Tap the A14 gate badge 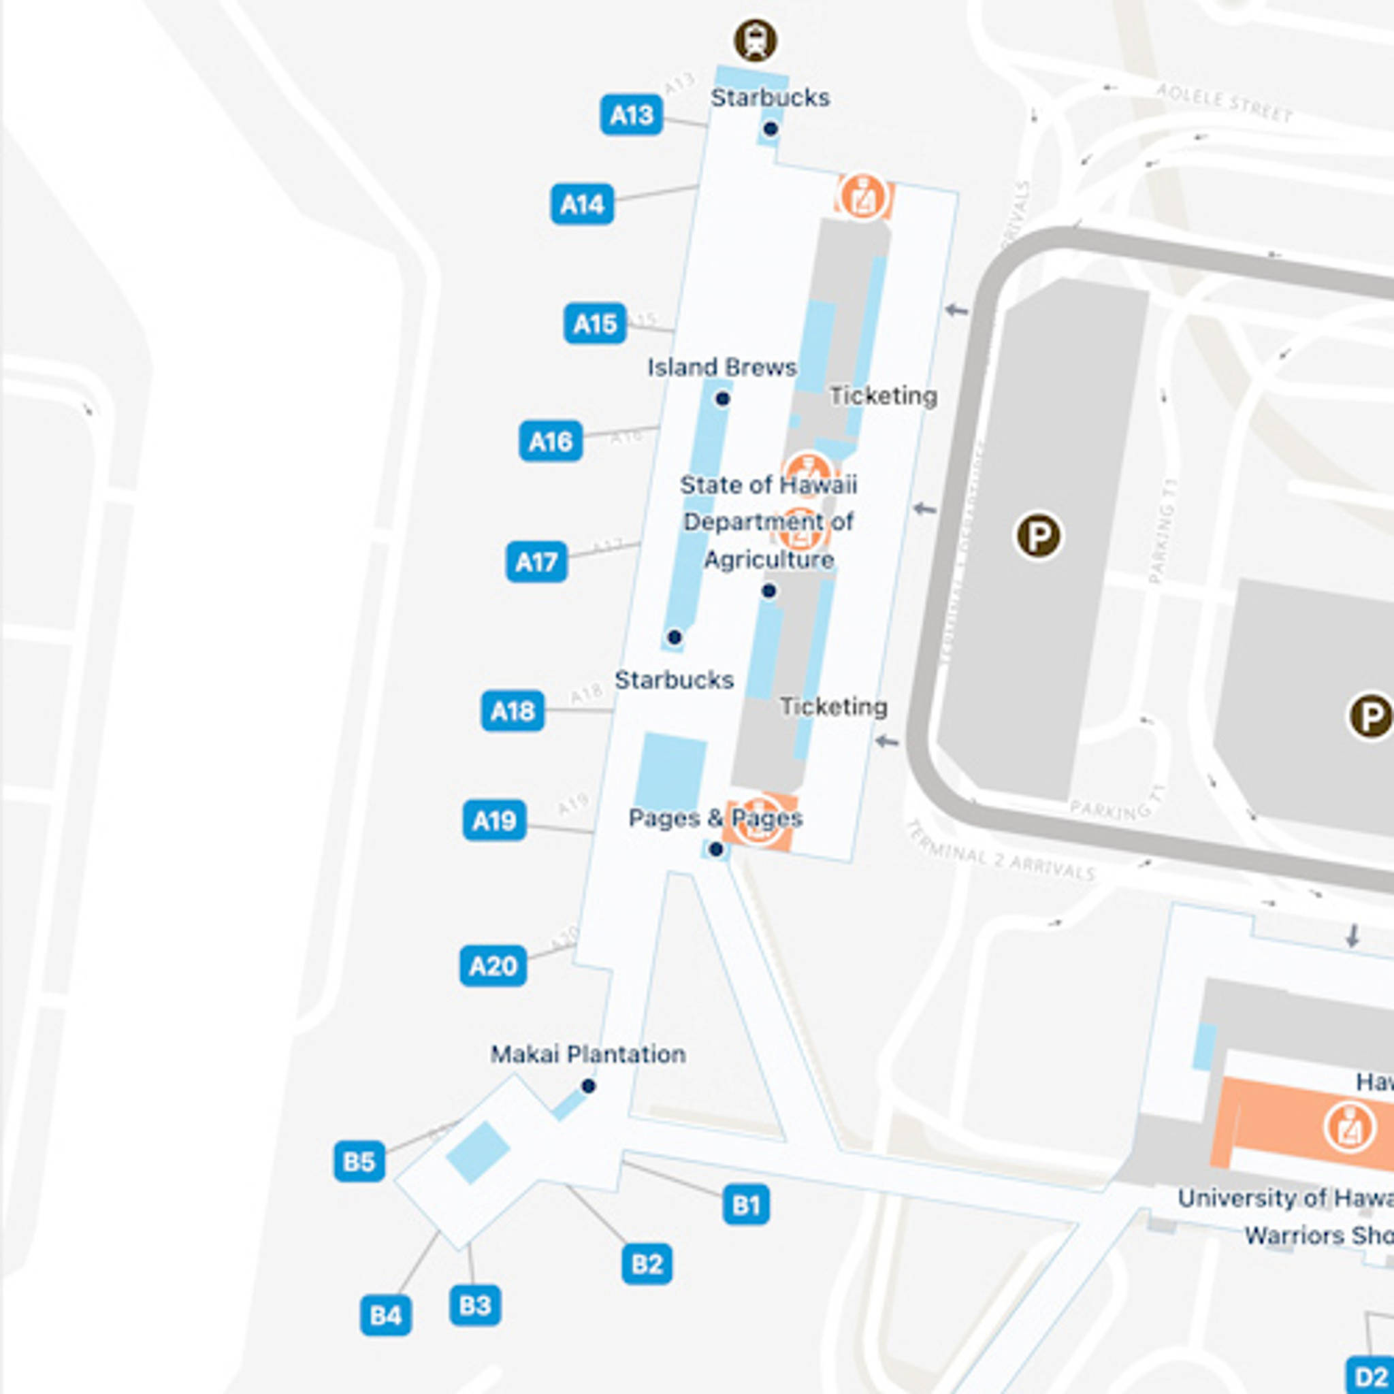coord(581,204)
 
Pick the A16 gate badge coord(550,441)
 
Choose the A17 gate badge coord(536,562)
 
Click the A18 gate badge coord(513,711)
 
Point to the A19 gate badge coord(494,820)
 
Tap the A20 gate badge coord(493,965)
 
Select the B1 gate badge coord(745,1204)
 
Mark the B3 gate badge coord(475,1306)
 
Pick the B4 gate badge coord(385,1315)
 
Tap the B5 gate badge coord(359,1162)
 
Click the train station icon coord(756,40)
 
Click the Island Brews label coord(722,368)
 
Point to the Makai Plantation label coord(587,1054)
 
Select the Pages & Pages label coord(715,818)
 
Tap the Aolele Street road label coord(1224,103)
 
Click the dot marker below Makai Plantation coord(588,1086)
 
